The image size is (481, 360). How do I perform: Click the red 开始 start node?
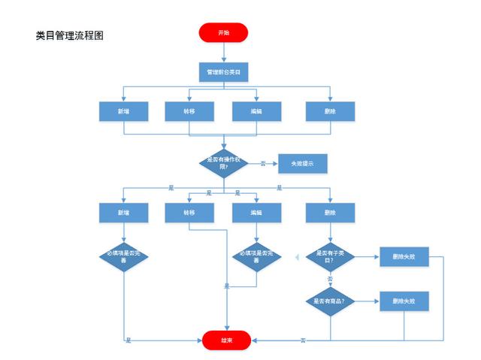click(x=223, y=33)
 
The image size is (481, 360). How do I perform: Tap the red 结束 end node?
click(x=226, y=340)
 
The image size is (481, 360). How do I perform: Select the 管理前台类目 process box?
click(x=223, y=73)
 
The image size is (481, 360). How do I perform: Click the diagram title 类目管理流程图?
click(x=69, y=35)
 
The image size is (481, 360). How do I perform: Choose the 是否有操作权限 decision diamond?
click(x=223, y=163)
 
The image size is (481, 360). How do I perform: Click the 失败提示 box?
click(x=303, y=163)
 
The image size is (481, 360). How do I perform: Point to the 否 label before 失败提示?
click(x=262, y=163)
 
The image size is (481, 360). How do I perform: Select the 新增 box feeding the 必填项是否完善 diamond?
click(x=123, y=213)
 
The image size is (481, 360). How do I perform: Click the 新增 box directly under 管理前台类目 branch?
click(x=123, y=111)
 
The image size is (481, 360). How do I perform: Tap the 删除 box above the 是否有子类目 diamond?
click(x=329, y=213)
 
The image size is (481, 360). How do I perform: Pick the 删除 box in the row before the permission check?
click(x=329, y=111)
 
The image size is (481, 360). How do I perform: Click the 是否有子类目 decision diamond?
click(x=330, y=257)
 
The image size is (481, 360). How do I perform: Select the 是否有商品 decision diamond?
click(x=330, y=301)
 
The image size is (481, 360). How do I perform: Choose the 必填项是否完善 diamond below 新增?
click(x=123, y=257)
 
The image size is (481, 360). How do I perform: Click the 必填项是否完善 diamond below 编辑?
click(x=256, y=257)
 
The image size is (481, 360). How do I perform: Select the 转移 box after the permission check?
click(x=189, y=213)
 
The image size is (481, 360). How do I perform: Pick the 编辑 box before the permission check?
click(x=256, y=111)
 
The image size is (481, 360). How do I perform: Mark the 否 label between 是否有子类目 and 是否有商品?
click(x=330, y=279)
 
